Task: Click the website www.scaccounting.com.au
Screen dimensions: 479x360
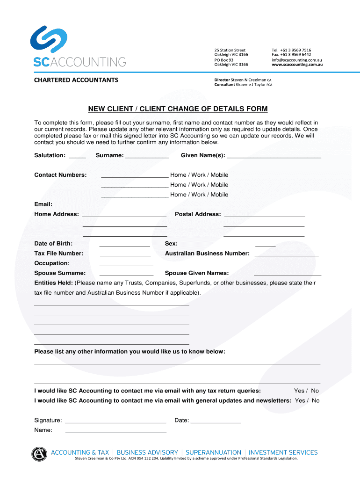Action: coord(297,65)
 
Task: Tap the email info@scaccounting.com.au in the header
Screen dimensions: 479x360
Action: coord(296,60)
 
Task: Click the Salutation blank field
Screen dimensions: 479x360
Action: coord(77,156)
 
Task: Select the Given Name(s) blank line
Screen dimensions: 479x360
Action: coord(274,156)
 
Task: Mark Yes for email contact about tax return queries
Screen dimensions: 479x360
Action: coord(299,391)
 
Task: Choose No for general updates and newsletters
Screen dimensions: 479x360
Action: coord(316,401)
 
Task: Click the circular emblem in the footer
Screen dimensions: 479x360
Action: coord(39,454)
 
